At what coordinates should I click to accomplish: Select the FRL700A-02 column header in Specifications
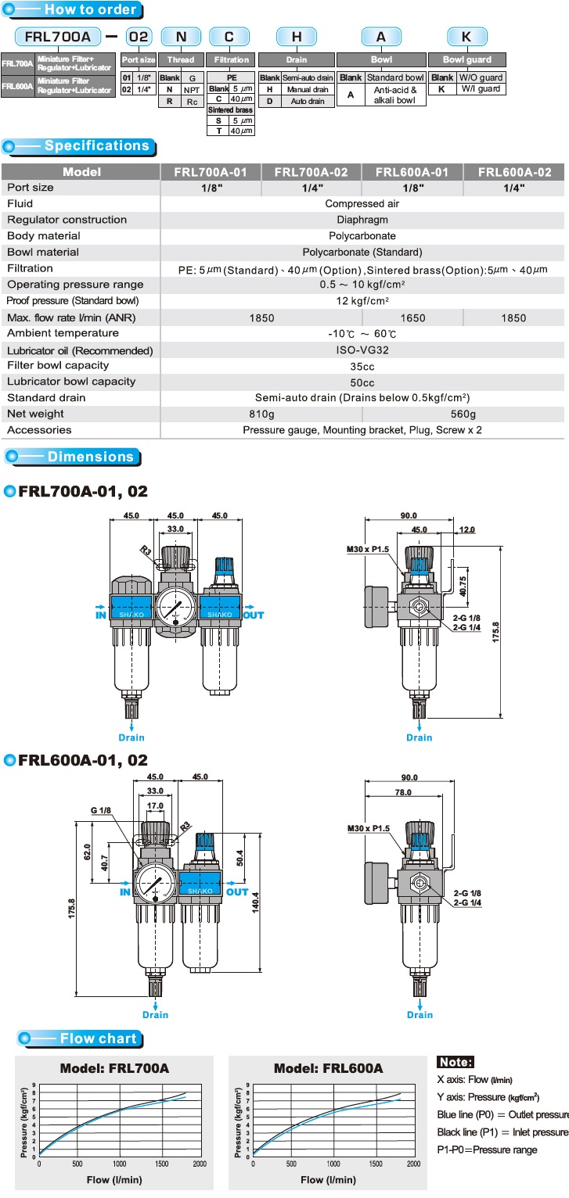[312, 171]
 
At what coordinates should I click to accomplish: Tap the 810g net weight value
[261, 414]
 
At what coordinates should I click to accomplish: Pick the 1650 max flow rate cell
[413, 318]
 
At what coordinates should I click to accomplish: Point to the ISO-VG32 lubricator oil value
[362, 350]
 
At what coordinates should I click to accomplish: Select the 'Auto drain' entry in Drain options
[308, 101]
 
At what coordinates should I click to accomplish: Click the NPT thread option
[191, 90]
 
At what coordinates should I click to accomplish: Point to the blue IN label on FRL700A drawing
[99, 615]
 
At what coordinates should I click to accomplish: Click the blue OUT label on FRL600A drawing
[237, 891]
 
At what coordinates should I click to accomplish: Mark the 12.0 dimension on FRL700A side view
[467, 530]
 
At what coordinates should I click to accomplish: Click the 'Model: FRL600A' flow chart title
[328, 1068]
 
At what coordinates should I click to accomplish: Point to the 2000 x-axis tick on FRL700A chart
[199, 1164]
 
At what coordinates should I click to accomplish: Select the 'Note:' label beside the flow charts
[456, 1062]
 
